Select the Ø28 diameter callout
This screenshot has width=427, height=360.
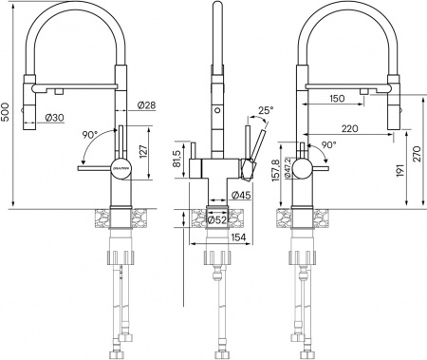[x=146, y=104]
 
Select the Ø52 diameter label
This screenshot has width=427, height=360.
[x=216, y=221]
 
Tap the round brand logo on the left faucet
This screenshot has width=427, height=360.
[x=119, y=169]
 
